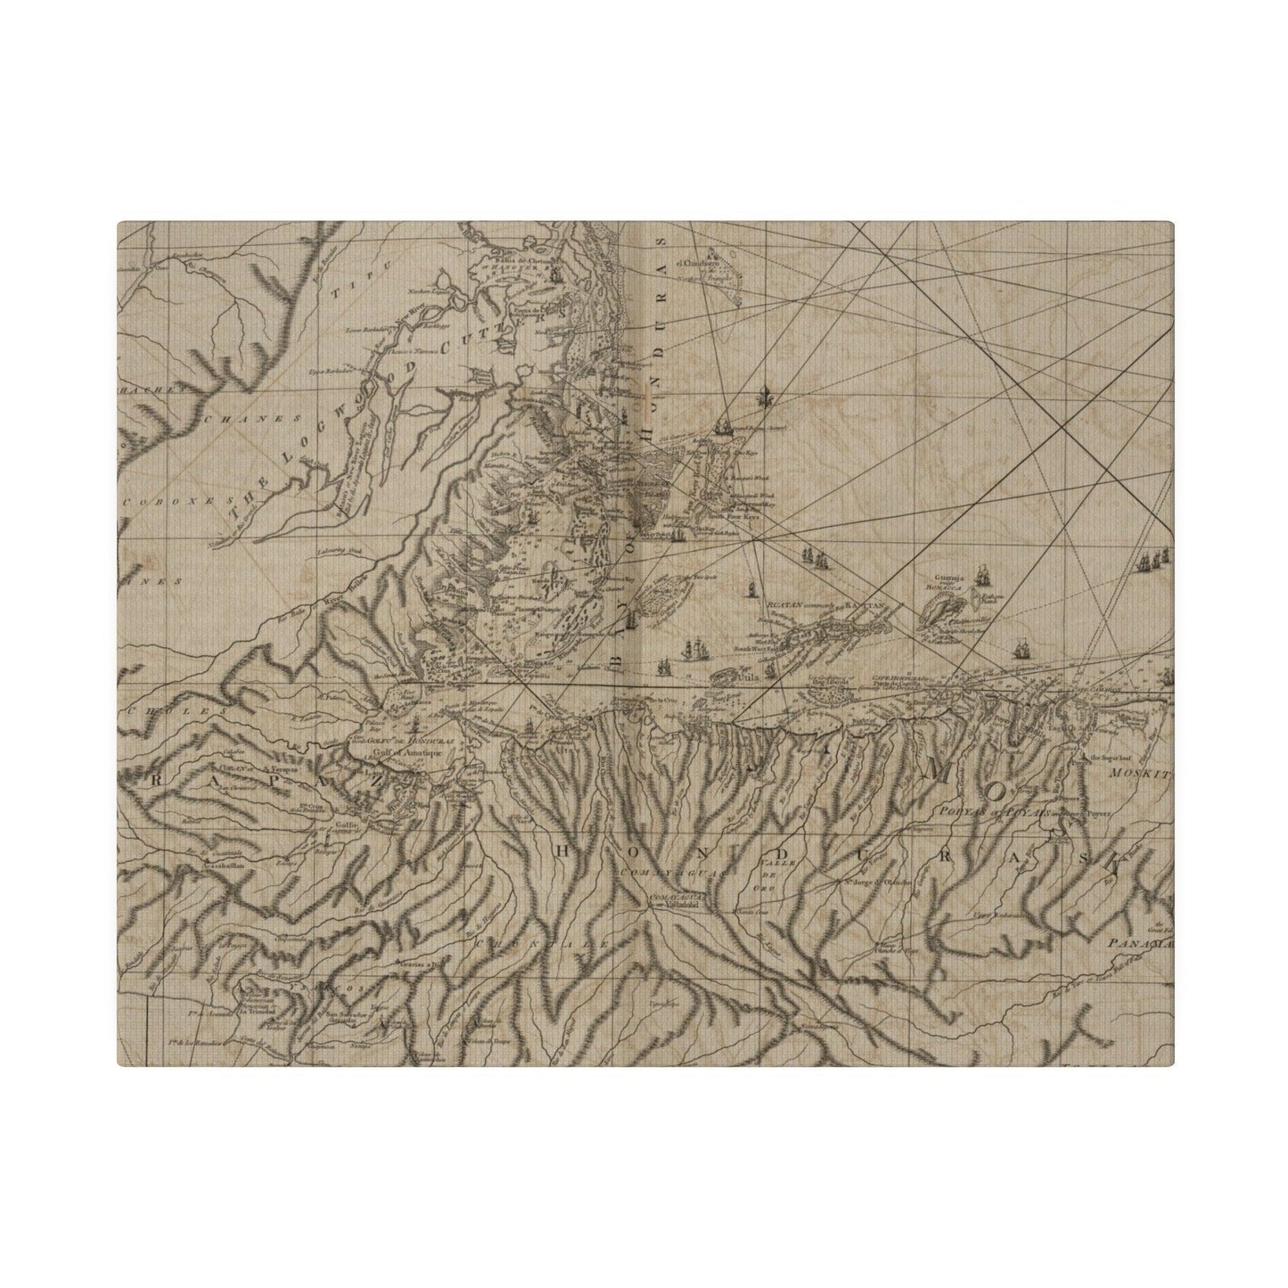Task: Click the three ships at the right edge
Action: [1154, 561]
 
